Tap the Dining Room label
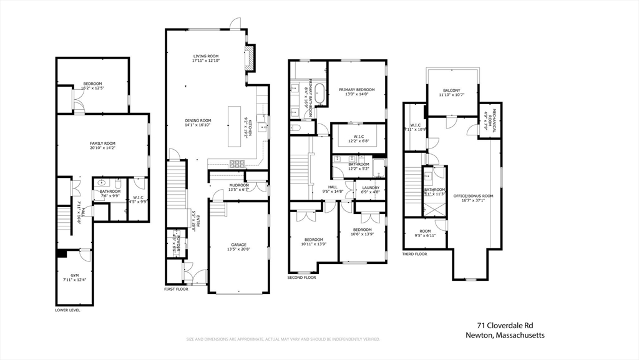[x=198, y=120]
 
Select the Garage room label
[x=238, y=245]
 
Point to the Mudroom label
[x=239, y=185]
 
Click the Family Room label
[x=102, y=144]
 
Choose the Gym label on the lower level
[x=74, y=275]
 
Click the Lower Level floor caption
[x=67, y=309]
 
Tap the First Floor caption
[x=177, y=289]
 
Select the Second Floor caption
[x=301, y=277]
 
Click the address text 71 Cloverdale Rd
[x=505, y=325]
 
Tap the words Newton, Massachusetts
[x=505, y=335]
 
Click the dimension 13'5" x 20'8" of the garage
[x=238, y=250]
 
